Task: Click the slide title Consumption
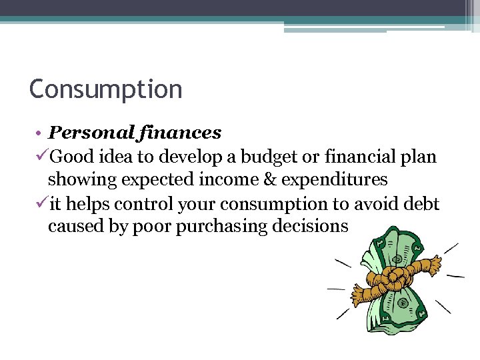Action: pos(105,89)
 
